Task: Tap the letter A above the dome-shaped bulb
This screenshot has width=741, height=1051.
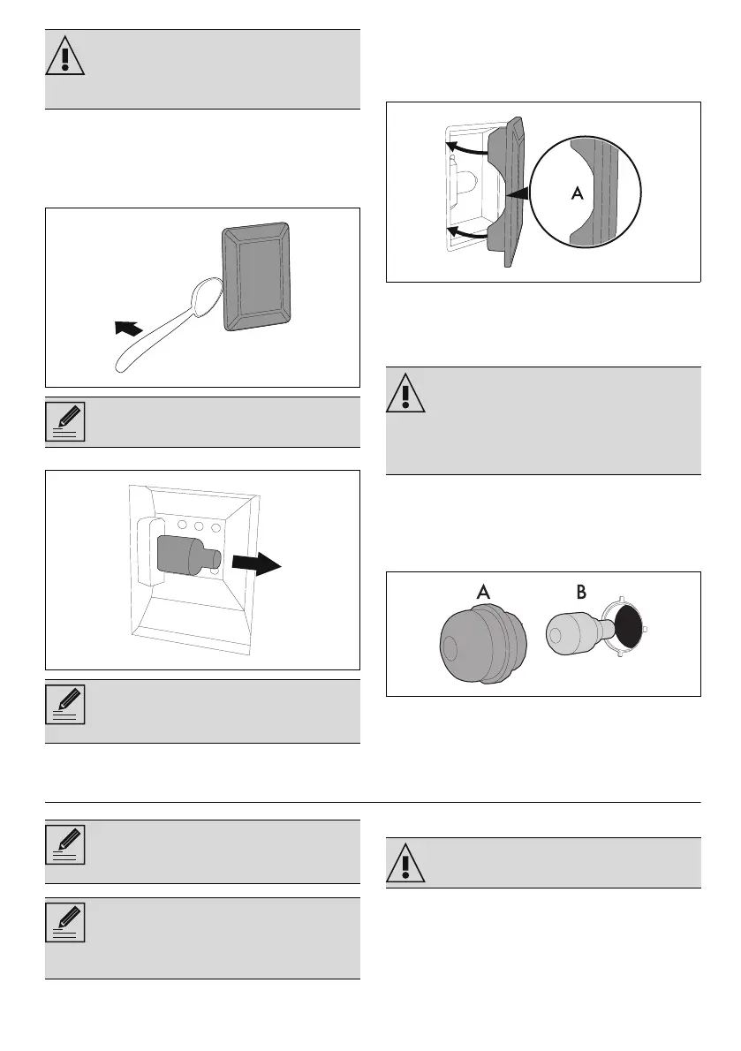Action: [483, 594]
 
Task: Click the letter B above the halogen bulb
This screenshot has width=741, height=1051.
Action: [581, 594]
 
